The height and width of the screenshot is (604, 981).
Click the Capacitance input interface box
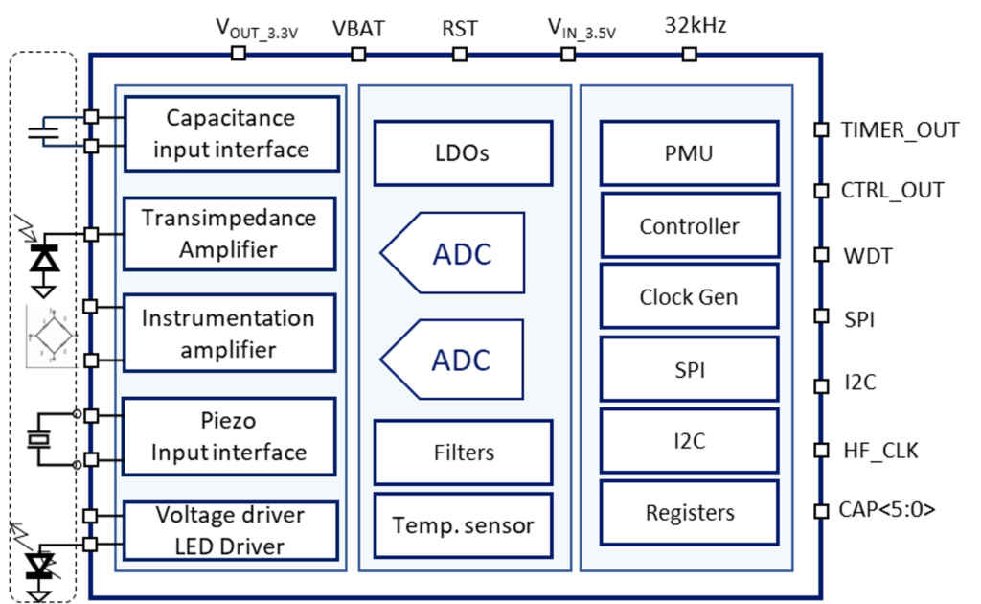(x=232, y=133)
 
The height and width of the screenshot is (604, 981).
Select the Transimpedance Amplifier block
(x=229, y=234)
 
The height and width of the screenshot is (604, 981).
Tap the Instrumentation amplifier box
(x=229, y=333)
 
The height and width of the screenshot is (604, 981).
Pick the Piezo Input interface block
(x=229, y=436)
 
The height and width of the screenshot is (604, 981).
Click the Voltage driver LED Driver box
(x=230, y=530)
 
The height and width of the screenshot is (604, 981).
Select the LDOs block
(x=463, y=152)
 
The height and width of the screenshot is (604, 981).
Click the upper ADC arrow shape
(x=453, y=253)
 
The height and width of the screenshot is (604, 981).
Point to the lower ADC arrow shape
(x=453, y=360)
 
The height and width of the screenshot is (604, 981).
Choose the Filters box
(x=463, y=452)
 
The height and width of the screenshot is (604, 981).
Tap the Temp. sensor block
(x=463, y=525)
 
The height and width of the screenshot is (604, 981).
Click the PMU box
(x=689, y=152)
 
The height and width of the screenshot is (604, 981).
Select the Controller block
(x=690, y=226)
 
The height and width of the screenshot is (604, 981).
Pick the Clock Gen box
(x=689, y=296)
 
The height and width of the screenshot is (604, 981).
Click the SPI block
(x=689, y=369)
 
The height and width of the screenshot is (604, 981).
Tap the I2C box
(x=689, y=441)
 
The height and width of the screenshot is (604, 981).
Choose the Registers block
(x=690, y=513)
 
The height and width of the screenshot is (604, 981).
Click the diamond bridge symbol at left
(x=52, y=336)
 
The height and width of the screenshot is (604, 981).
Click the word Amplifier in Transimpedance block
(x=229, y=250)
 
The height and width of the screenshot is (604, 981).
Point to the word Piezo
(x=229, y=421)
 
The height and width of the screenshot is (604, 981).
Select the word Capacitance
(x=231, y=118)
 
